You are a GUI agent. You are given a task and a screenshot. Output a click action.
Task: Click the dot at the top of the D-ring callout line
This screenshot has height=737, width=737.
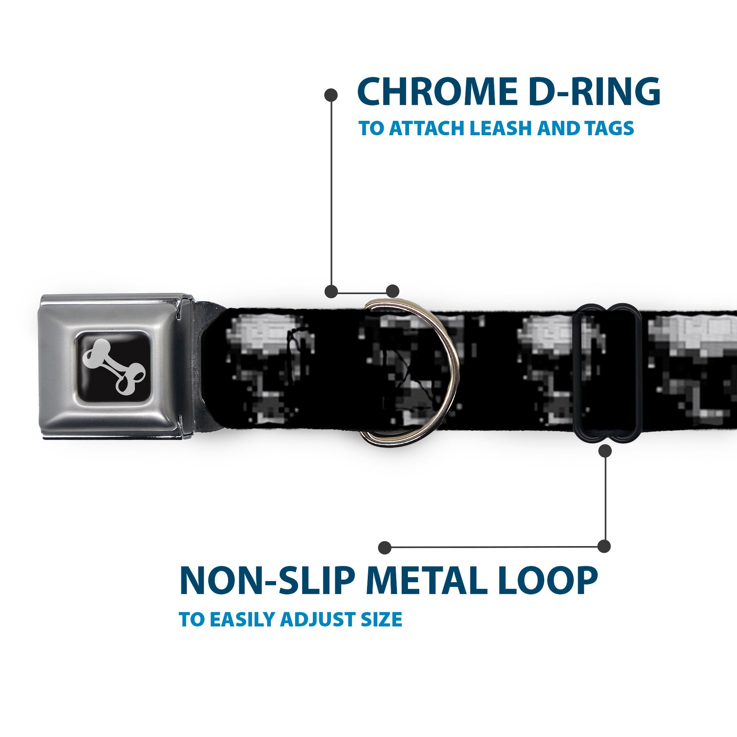(331, 95)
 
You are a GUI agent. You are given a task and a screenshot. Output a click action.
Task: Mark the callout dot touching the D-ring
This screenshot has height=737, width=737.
(392, 291)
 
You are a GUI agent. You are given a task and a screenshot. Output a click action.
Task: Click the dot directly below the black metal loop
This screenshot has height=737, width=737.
(605, 451)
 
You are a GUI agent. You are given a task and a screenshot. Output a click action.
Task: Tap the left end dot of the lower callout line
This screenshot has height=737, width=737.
(385, 547)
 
